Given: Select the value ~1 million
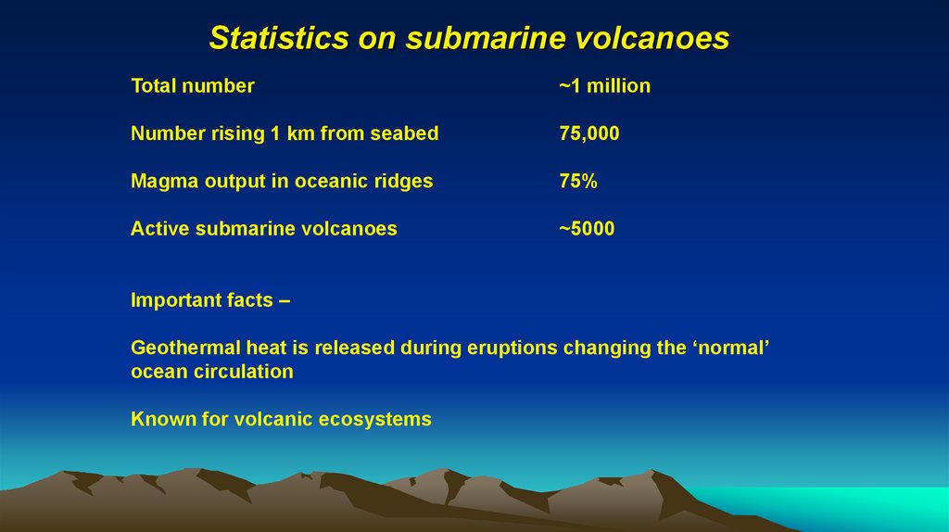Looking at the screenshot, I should click(x=604, y=86).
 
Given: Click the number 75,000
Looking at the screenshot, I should click(x=588, y=133).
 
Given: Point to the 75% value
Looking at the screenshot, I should click(x=577, y=181).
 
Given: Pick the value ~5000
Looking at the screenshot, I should click(x=586, y=228).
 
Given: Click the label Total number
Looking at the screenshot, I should click(x=192, y=86).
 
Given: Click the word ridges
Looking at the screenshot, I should click(x=402, y=181).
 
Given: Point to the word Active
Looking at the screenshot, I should click(x=159, y=228).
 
